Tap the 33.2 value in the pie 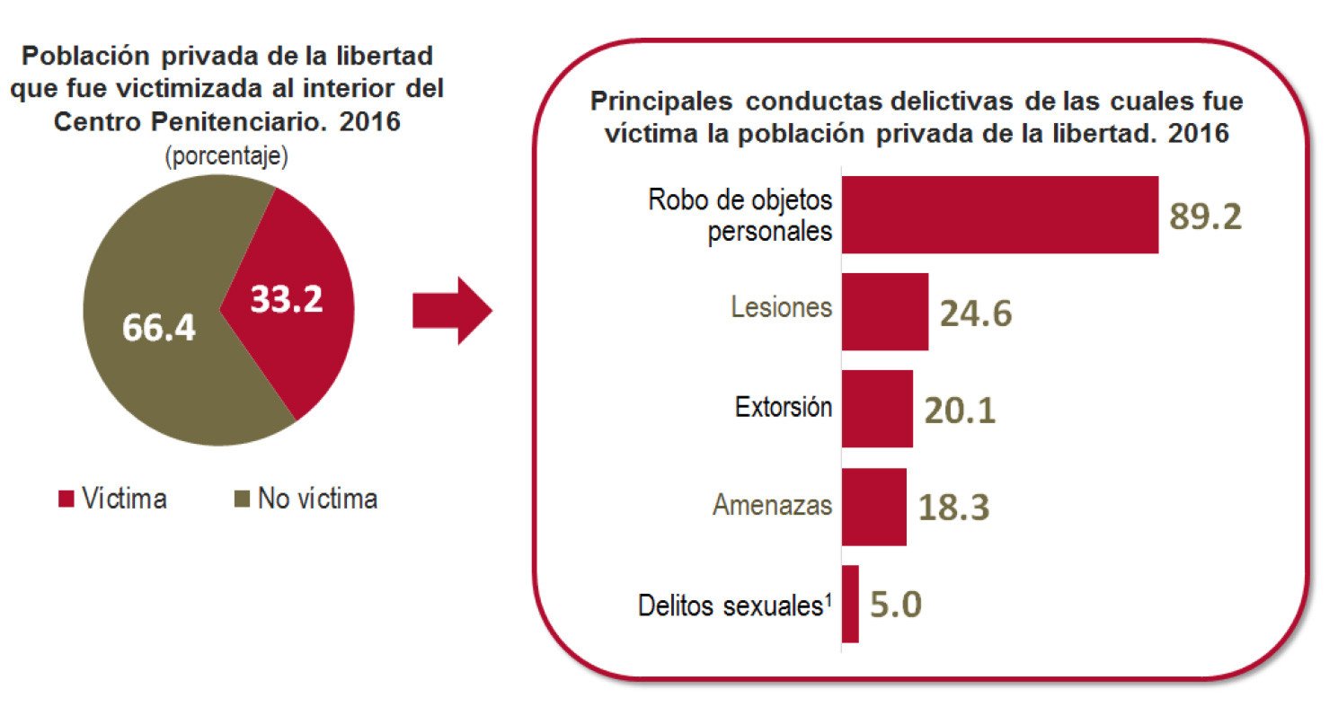[x=286, y=299]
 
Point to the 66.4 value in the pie [x=159, y=328]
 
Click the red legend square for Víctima [x=65, y=499]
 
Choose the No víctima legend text [x=317, y=499]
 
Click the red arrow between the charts [x=452, y=311]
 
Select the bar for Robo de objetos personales [x=999, y=215]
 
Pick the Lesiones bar [x=884, y=312]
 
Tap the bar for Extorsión [x=877, y=409]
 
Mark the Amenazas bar [x=873, y=506]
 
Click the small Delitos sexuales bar [x=850, y=604]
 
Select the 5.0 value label [x=896, y=604]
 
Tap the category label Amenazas [x=772, y=506]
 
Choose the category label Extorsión [x=783, y=408]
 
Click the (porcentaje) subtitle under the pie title [x=226, y=157]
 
